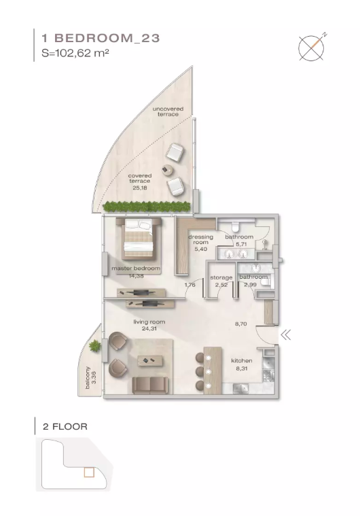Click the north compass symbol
(312, 48)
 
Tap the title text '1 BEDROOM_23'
(101, 38)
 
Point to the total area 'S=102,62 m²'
(75, 53)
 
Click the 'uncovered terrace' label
(168, 111)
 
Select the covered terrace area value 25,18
(140, 188)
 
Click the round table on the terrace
(168, 169)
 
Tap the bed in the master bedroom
(139, 239)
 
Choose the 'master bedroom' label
(136, 269)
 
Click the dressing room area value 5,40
(200, 249)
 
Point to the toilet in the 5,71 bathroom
(236, 226)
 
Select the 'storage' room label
(221, 277)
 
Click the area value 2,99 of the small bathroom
(250, 285)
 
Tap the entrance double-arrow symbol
(286, 335)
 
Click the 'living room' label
(149, 322)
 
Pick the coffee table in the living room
(151, 360)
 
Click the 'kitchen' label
(242, 361)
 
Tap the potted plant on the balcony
(95, 345)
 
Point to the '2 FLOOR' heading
(65, 427)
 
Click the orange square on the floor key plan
(89, 472)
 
